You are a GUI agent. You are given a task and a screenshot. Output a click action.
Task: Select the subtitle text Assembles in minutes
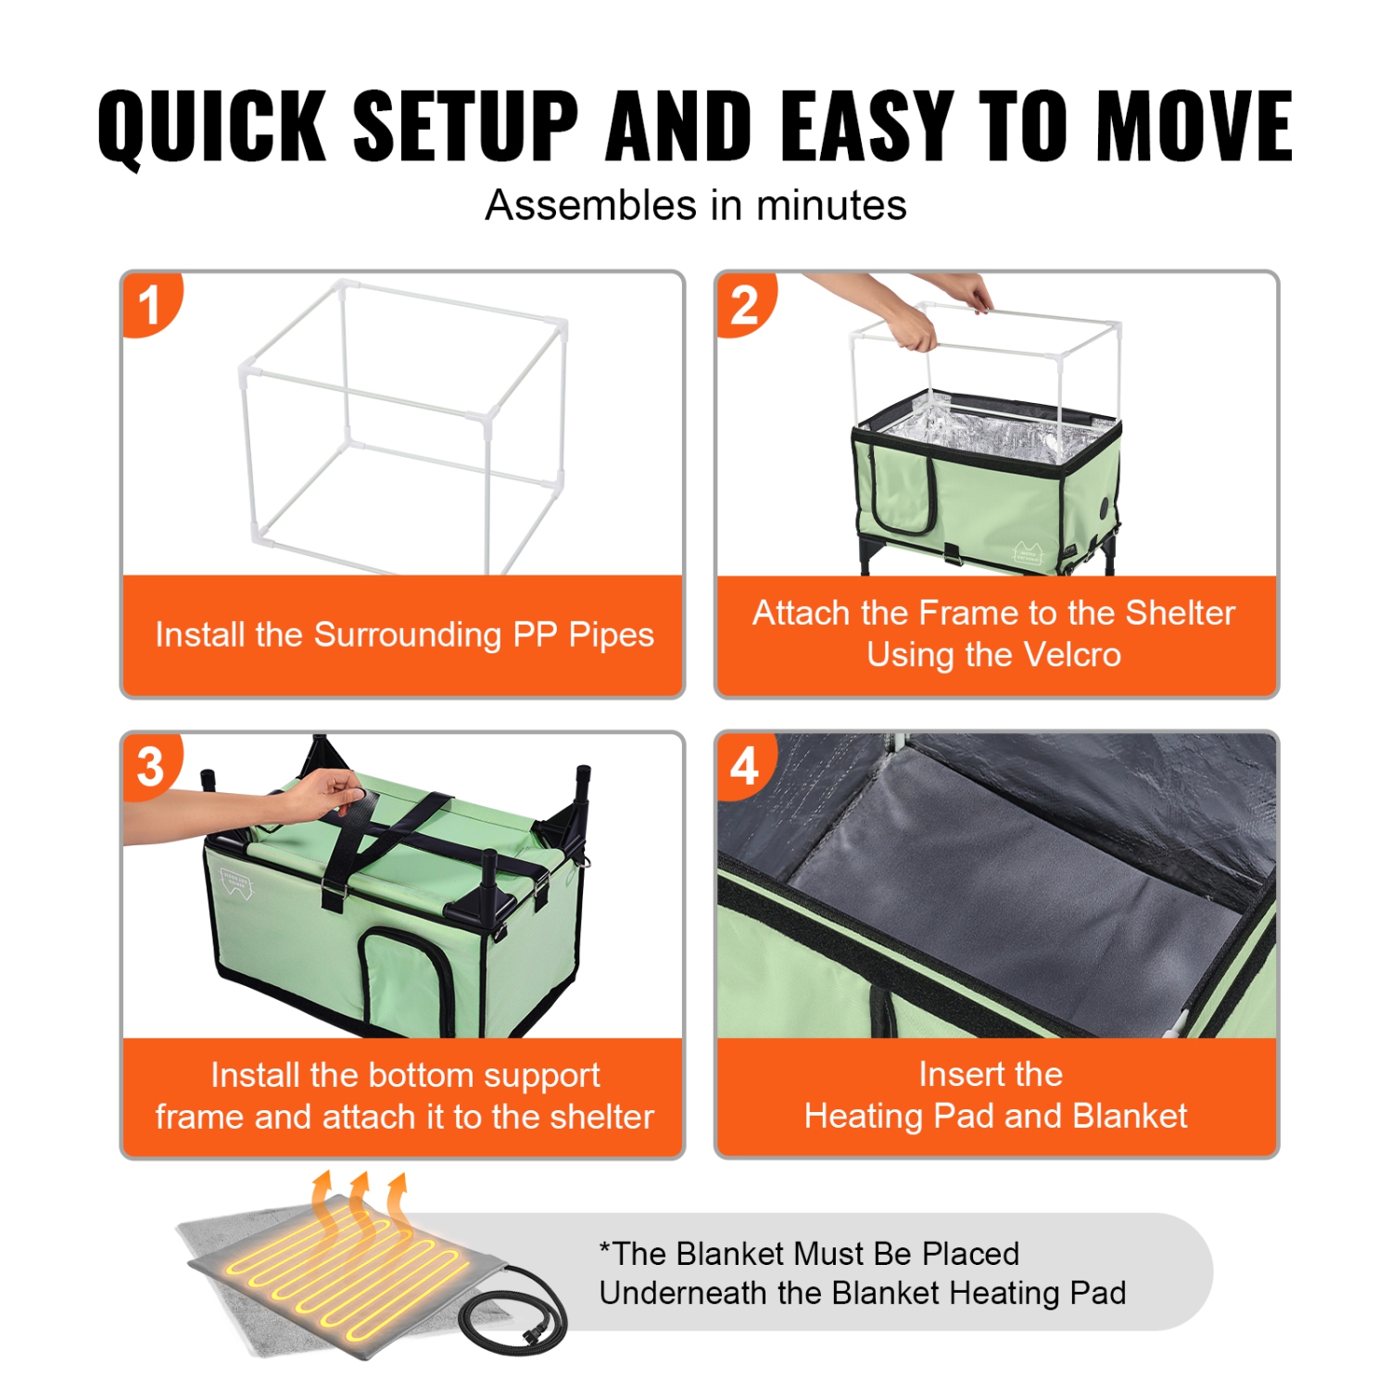pos(695,205)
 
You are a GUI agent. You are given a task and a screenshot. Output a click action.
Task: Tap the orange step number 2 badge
pos(744,304)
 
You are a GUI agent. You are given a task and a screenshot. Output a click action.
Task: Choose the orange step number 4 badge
pos(744,765)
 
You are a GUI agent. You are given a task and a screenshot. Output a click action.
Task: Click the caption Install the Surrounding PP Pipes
pos(404,635)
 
